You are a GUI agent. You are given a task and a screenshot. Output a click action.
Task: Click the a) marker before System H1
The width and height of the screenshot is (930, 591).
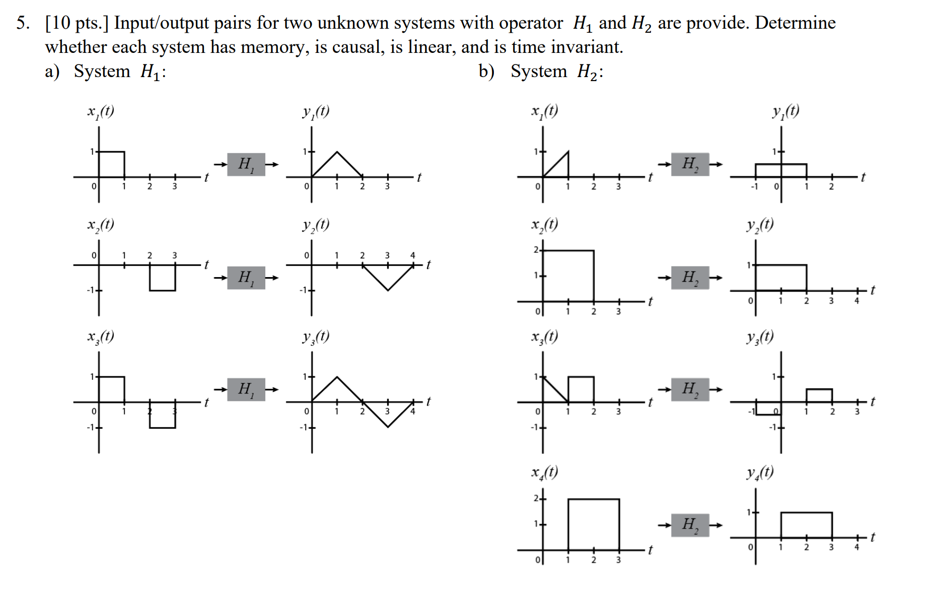point(52,72)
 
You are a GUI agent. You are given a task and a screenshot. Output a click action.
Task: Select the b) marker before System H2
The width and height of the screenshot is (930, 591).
point(486,72)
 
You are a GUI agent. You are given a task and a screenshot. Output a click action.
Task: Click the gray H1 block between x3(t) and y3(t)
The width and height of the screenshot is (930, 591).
point(246,389)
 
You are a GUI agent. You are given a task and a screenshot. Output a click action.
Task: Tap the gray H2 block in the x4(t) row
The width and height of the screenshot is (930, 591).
point(690,525)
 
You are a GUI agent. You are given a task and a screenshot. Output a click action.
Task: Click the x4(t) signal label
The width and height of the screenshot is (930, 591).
point(544,473)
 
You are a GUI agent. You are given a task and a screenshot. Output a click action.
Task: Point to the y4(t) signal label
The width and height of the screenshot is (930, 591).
point(760,473)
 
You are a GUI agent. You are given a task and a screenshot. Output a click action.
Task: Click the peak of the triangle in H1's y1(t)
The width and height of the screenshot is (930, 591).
point(337,152)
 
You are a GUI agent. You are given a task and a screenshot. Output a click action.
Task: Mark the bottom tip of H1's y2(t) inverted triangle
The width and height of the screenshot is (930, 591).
point(388,290)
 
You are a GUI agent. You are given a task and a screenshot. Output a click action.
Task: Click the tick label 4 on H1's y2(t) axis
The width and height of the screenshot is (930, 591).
point(413,255)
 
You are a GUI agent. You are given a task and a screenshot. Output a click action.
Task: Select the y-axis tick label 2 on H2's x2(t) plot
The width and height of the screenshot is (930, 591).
point(536,250)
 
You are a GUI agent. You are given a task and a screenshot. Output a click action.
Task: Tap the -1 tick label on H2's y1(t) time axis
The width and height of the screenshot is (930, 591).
point(754,186)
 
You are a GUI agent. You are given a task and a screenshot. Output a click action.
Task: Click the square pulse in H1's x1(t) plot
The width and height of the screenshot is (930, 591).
point(112,164)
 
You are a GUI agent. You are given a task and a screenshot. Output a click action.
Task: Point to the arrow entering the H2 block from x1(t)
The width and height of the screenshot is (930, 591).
point(664,164)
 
